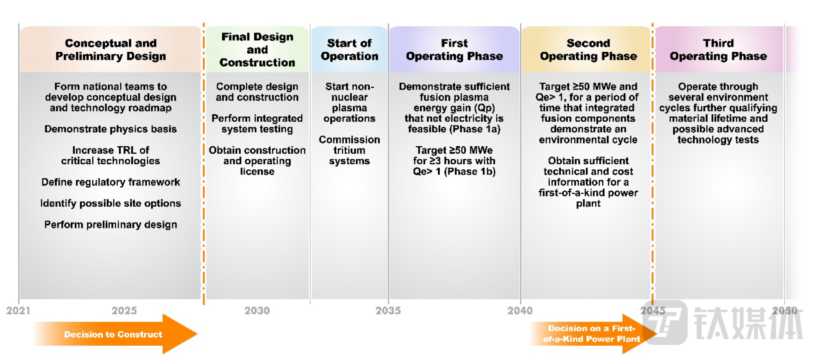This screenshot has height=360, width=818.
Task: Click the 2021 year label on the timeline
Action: click(18, 310)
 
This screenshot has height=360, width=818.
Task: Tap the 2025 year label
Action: click(124, 310)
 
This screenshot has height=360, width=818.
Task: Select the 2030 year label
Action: click(257, 310)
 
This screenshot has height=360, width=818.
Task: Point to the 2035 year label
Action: click(388, 310)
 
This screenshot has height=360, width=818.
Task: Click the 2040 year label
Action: click(520, 310)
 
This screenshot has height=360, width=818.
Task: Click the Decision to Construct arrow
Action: click(115, 334)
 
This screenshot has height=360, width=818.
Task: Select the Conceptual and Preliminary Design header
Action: click(111, 49)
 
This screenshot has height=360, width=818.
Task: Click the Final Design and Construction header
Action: click(257, 49)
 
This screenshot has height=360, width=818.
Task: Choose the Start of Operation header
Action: click(349, 49)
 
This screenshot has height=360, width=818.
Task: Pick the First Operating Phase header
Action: click(454, 49)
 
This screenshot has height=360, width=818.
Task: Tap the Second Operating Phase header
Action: click(588, 49)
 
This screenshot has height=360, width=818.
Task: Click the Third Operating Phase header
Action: click(718, 49)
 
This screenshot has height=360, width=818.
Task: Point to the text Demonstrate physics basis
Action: click(111, 129)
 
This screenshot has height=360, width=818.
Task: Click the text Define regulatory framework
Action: click(111, 182)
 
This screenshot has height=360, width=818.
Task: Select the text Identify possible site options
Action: click(111, 203)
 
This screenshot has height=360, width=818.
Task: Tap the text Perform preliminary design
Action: click(111, 224)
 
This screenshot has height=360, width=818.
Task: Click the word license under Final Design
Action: click(257, 172)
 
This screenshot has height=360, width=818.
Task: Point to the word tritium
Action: click(349, 150)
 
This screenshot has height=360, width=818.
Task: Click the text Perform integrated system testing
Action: click(257, 124)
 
